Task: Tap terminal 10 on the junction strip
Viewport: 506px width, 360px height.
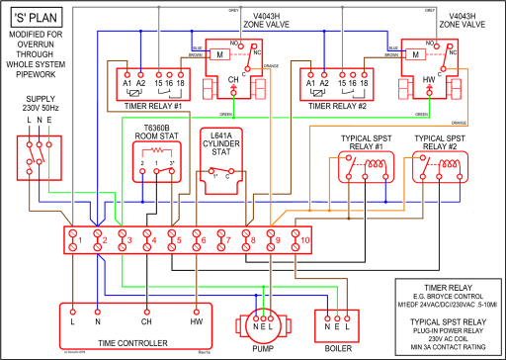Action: click(304, 239)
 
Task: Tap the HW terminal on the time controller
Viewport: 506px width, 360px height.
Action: click(196, 322)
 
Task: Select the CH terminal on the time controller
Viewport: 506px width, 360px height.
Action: click(146, 322)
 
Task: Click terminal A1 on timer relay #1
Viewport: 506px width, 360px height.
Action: click(127, 84)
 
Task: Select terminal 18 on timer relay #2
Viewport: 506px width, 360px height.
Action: click(365, 84)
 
